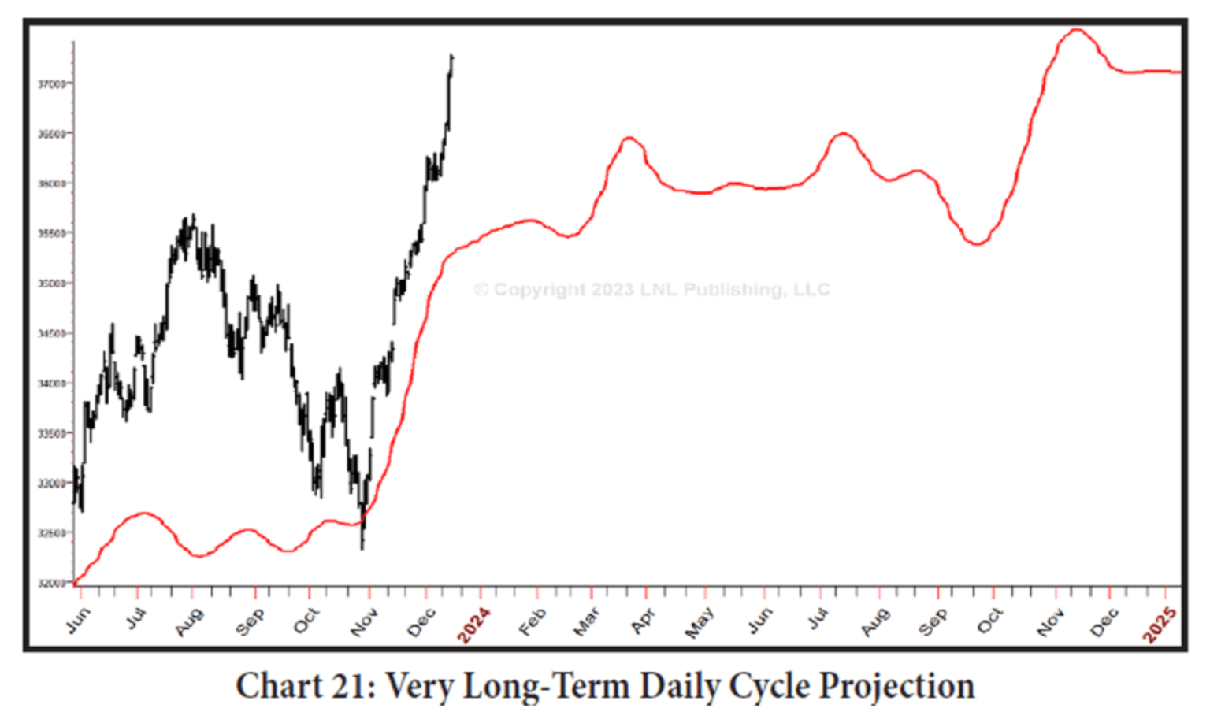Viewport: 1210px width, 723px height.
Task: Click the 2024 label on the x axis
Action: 473,625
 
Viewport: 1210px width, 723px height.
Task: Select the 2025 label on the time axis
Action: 1160,625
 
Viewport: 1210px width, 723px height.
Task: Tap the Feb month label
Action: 533,621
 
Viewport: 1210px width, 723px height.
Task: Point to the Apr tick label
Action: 644,621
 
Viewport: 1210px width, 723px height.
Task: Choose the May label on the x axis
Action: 700,621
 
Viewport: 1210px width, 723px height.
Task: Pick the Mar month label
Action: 587,621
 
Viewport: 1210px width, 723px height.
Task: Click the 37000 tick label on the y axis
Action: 52,83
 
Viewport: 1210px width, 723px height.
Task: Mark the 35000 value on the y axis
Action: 52,284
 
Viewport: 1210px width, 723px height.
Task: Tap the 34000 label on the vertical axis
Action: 52,384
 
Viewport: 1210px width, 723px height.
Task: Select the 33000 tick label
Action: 52,484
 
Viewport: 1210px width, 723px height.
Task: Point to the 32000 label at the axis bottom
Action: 52,583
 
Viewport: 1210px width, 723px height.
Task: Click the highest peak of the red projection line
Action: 1076,30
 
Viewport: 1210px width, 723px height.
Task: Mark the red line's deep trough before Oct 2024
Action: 977,243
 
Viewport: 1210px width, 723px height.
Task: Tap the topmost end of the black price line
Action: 451,55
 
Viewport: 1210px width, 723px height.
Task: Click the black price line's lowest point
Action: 362,548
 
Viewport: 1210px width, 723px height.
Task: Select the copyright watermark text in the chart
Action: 651,290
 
